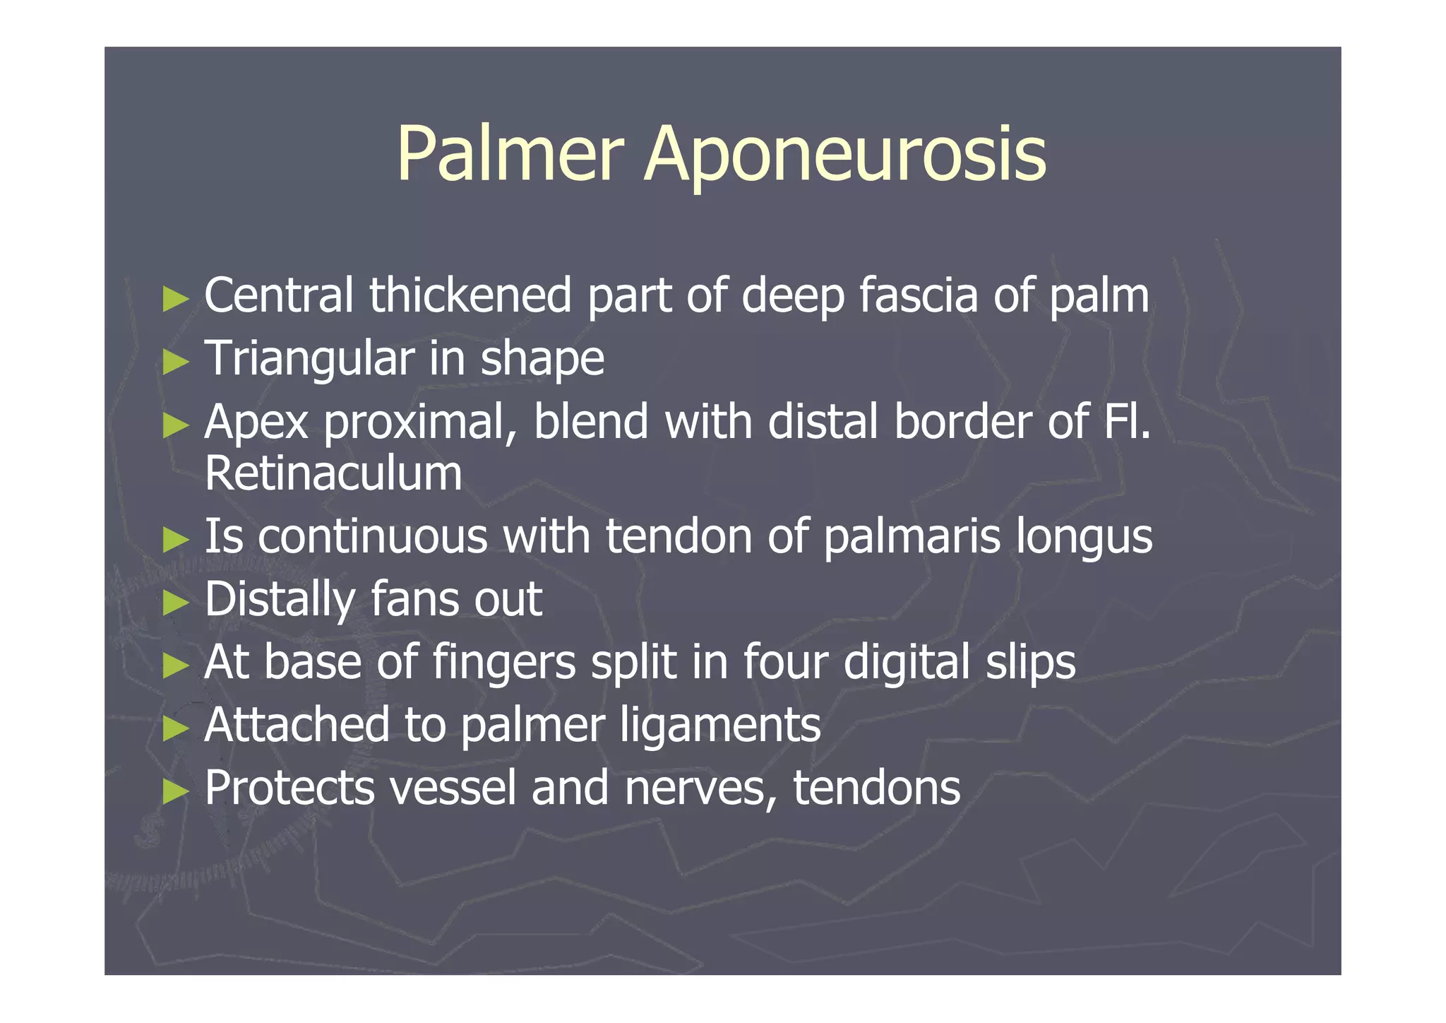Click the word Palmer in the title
(x=510, y=154)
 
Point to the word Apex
(x=256, y=422)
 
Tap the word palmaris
(x=912, y=536)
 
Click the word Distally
(x=280, y=600)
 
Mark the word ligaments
(x=720, y=726)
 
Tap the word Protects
(x=289, y=787)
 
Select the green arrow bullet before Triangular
(x=175, y=362)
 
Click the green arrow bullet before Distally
(x=175, y=603)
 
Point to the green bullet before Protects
(x=175, y=791)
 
